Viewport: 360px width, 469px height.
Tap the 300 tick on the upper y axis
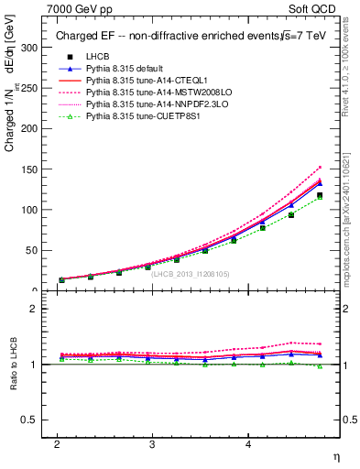click(x=30, y=48)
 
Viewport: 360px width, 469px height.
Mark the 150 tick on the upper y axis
click(x=30, y=169)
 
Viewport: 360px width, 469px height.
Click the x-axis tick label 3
click(x=152, y=444)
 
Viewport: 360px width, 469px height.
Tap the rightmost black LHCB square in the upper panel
click(x=320, y=195)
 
